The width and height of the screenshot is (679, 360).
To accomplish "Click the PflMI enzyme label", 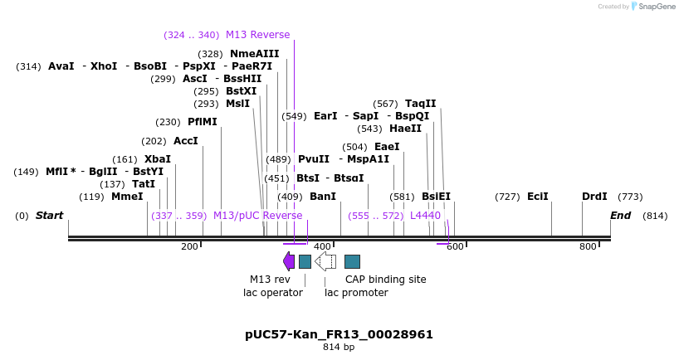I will [202, 122].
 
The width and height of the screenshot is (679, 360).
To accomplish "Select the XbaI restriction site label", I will [158, 159].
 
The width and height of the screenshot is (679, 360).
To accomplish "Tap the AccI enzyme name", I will [186, 141].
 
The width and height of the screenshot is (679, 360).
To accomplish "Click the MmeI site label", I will [127, 197].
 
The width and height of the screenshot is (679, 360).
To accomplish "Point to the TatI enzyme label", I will [144, 184].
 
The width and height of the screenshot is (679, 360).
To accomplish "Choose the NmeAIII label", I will [255, 54].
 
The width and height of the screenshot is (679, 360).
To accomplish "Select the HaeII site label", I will [405, 129].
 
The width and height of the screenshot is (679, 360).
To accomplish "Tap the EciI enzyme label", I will [538, 197].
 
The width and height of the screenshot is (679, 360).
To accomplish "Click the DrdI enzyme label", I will [594, 197].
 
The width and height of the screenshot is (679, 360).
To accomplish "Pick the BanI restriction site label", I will [323, 197].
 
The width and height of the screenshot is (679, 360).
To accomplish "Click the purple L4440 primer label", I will [425, 216].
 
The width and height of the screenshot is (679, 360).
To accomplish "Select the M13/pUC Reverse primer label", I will [257, 216].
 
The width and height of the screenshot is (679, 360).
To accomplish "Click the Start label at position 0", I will [49, 216].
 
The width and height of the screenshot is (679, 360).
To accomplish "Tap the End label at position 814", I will [621, 216].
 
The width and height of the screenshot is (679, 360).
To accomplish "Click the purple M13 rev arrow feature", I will [289, 261].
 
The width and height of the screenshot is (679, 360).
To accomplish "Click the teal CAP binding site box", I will [352, 261].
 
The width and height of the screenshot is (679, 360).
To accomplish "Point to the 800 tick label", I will [588, 246].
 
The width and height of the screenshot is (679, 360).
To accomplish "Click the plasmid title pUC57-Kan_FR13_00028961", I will [339, 334].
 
